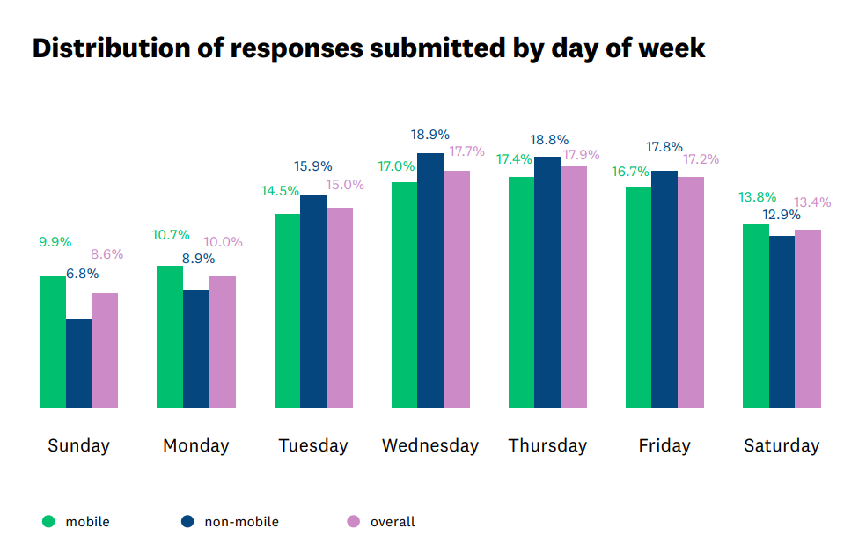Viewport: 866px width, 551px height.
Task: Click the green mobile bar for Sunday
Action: coord(53,342)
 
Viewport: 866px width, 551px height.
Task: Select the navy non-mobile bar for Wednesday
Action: coord(430,280)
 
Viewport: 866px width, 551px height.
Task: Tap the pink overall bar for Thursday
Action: coord(573,287)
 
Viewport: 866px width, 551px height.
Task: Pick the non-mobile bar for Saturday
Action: coord(782,321)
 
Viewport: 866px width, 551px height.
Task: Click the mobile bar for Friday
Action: coord(638,297)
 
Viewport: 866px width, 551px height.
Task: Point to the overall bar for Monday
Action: coord(222,342)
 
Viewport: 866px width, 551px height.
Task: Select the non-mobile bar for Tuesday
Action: coord(313,301)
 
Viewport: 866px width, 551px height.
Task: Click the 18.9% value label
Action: coord(430,135)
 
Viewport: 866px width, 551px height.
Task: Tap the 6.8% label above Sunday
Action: coord(82,274)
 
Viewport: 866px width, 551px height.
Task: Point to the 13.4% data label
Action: coord(812,202)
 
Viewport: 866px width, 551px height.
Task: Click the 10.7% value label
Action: coord(171,235)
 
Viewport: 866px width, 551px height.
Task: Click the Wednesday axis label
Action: coord(430,445)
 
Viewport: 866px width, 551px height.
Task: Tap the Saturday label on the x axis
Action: coord(782,445)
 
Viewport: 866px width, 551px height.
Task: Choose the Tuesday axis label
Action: coord(313,445)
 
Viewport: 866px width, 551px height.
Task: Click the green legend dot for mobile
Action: coord(48,521)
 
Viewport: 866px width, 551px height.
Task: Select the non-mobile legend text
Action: coord(241,522)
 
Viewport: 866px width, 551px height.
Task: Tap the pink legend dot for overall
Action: coord(354,521)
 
